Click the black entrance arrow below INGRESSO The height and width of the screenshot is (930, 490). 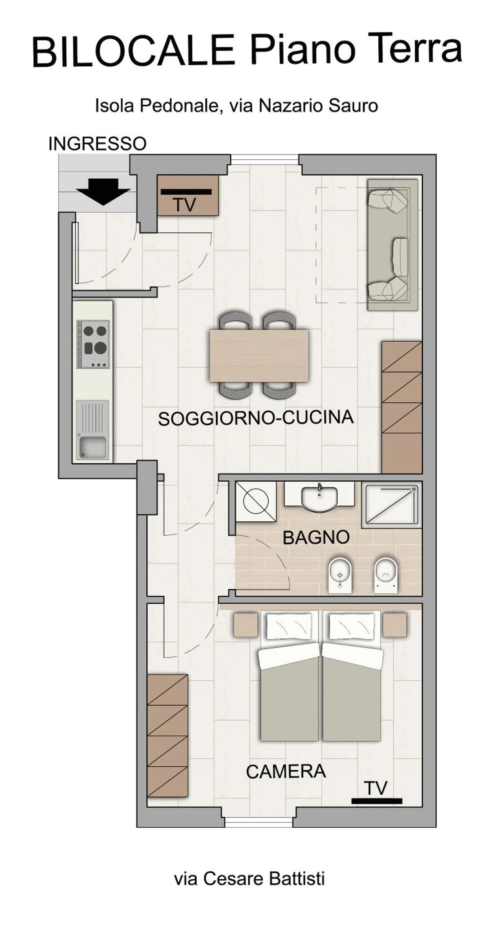(x=103, y=191)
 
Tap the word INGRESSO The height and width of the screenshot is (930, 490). (x=97, y=144)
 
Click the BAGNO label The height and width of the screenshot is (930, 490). (x=316, y=538)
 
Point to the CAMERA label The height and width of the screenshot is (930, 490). (x=286, y=772)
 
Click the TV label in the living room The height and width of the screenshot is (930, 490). (x=185, y=205)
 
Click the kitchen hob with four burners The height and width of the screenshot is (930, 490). (x=93, y=344)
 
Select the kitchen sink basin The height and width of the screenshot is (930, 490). (x=93, y=447)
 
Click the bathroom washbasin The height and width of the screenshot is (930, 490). (x=319, y=498)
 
